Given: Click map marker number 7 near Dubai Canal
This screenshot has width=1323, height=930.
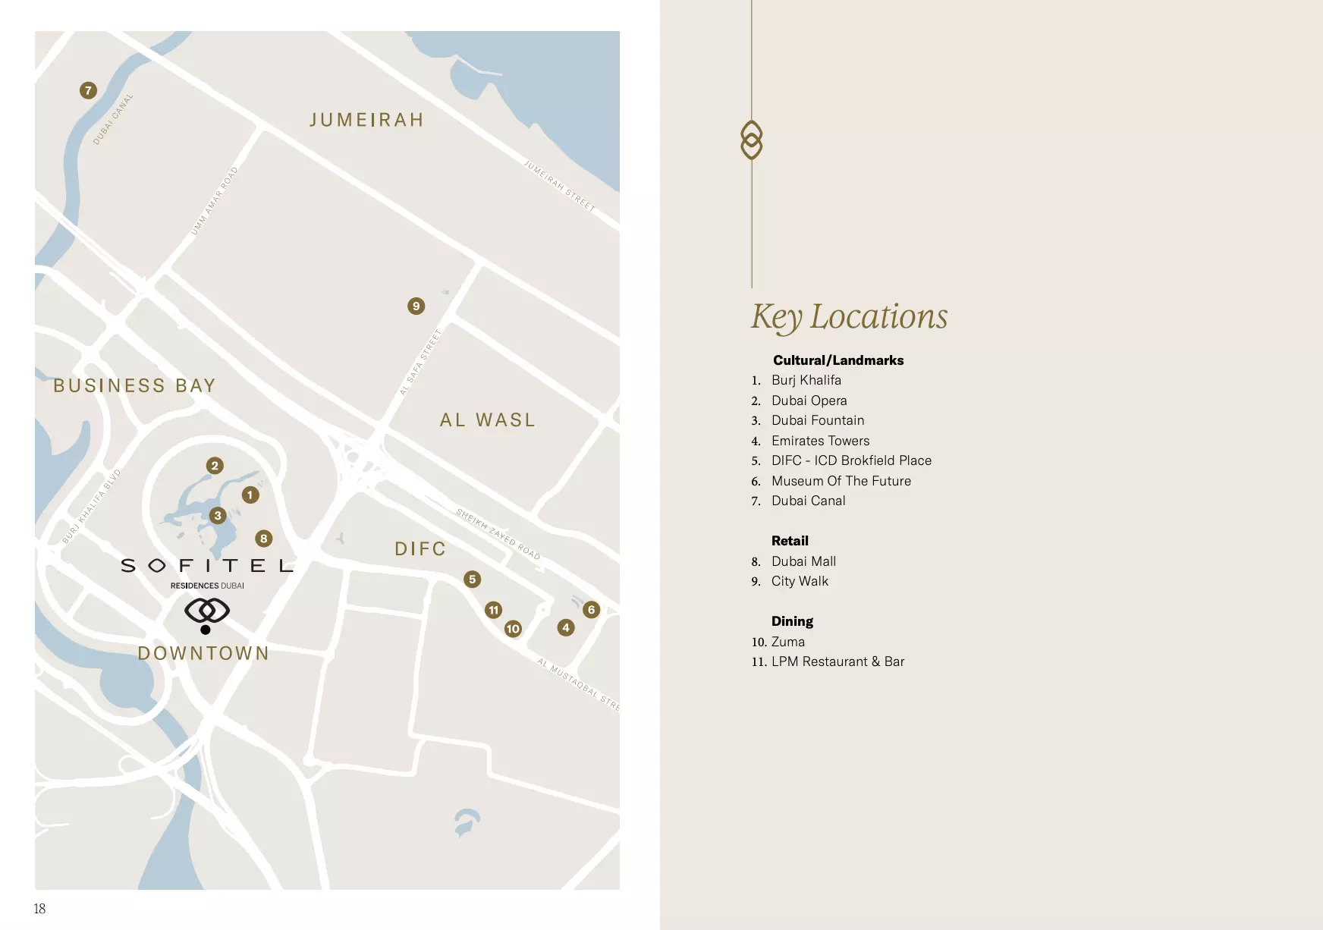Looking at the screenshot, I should pyautogui.click(x=88, y=90).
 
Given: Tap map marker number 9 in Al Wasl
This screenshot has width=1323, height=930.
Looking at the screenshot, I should pyautogui.click(x=416, y=306).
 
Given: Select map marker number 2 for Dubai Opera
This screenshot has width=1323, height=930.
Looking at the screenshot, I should pyautogui.click(x=215, y=466).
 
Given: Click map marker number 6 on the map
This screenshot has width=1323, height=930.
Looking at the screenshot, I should pyautogui.click(x=591, y=609).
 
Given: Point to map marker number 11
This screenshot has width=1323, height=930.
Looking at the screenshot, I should pyautogui.click(x=494, y=610).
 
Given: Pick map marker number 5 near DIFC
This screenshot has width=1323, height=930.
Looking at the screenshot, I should pyautogui.click(x=472, y=580).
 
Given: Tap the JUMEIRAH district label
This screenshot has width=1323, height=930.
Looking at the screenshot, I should pyautogui.click(x=366, y=120).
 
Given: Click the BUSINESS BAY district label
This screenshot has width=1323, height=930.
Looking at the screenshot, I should pyautogui.click(x=134, y=385).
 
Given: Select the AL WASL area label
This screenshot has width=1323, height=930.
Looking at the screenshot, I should pyautogui.click(x=488, y=419).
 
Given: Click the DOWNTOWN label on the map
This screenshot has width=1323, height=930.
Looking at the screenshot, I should pyautogui.click(x=203, y=653).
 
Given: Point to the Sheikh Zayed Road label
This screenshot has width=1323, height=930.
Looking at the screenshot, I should pyautogui.click(x=498, y=534).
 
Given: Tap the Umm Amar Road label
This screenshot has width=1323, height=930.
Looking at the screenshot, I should pyautogui.click(x=214, y=201).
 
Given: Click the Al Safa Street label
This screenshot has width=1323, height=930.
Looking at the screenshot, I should pyautogui.click(x=420, y=362).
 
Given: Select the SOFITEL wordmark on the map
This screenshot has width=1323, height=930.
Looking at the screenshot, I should pyautogui.click(x=206, y=566).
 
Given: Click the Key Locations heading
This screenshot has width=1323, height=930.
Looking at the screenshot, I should pyautogui.click(x=849, y=316).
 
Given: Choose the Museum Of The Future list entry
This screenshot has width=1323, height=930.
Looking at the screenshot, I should pyautogui.click(x=841, y=481).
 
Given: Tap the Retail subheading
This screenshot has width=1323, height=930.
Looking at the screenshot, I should pyautogui.click(x=790, y=541).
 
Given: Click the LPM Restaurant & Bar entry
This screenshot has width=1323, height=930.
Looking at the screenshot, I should pyautogui.click(x=837, y=661).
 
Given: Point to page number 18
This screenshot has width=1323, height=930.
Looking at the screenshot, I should pyautogui.click(x=39, y=908).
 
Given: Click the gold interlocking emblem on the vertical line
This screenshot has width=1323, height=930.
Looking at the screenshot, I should pyautogui.click(x=751, y=140).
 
